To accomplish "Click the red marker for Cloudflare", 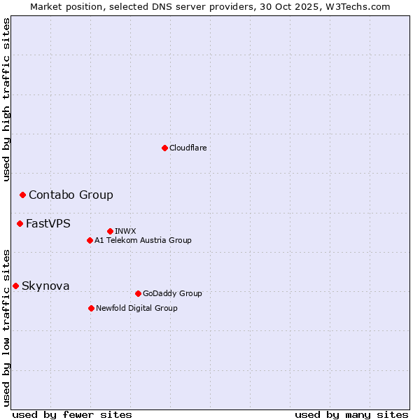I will pos(164,148).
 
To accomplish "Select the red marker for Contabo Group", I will pos(22,195).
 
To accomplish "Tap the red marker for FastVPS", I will pos(20,223).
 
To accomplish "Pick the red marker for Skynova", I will pos(15,286).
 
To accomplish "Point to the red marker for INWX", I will pos(110,231).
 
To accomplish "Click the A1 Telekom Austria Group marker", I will pos(90,240).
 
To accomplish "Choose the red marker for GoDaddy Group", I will pos(138,293).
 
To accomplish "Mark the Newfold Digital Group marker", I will pos(91,308).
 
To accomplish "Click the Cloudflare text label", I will pos(188,148).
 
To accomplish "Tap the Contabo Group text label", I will pos(71,195).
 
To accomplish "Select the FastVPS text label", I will pos(48,223).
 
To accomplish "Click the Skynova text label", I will pos(45,286).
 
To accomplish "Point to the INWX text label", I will pos(125,231).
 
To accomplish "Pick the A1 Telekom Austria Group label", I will pos(143,240).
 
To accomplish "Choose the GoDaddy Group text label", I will pos(172,293).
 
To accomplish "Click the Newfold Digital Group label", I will pos(136,308).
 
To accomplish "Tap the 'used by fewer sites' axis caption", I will pos(72,414).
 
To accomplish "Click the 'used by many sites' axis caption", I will pos(351,414).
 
